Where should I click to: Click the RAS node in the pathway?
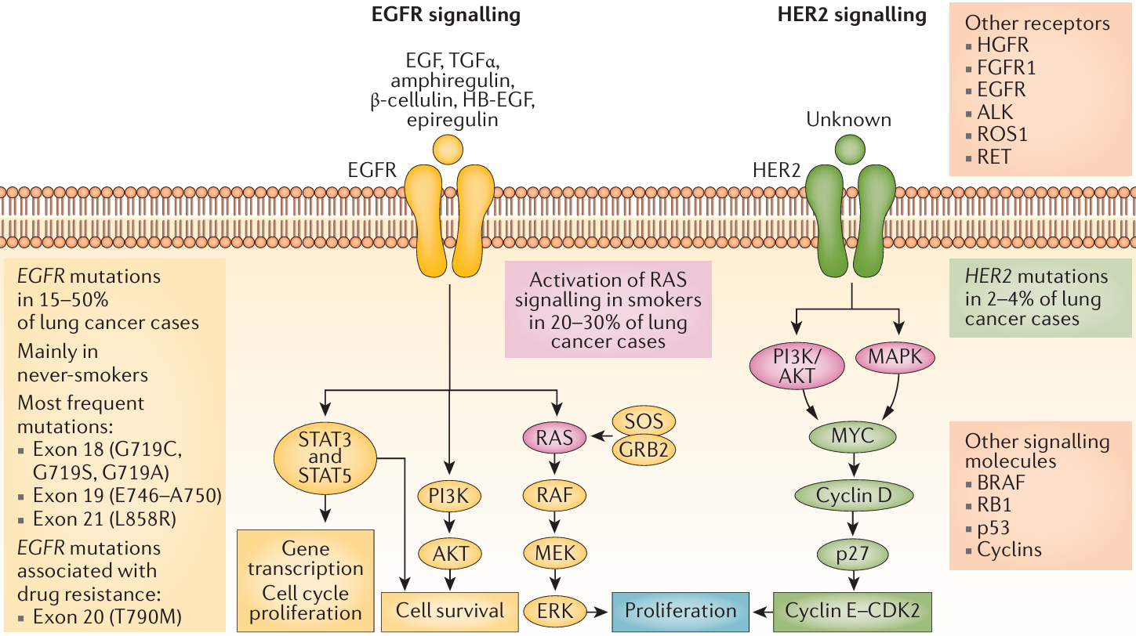click(554, 438)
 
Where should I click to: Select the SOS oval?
click(644, 421)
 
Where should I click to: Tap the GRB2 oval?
click(644, 450)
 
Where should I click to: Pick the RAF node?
click(554, 495)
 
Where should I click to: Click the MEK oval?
click(554, 552)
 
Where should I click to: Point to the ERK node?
click(554, 609)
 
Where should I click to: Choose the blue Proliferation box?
click(680, 610)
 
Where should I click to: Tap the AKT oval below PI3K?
click(450, 552)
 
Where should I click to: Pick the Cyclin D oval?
click(853, 495)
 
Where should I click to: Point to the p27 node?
click(852, 553)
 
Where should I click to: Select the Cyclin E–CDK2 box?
click(852, 610)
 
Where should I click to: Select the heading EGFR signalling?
click(446, 14)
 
